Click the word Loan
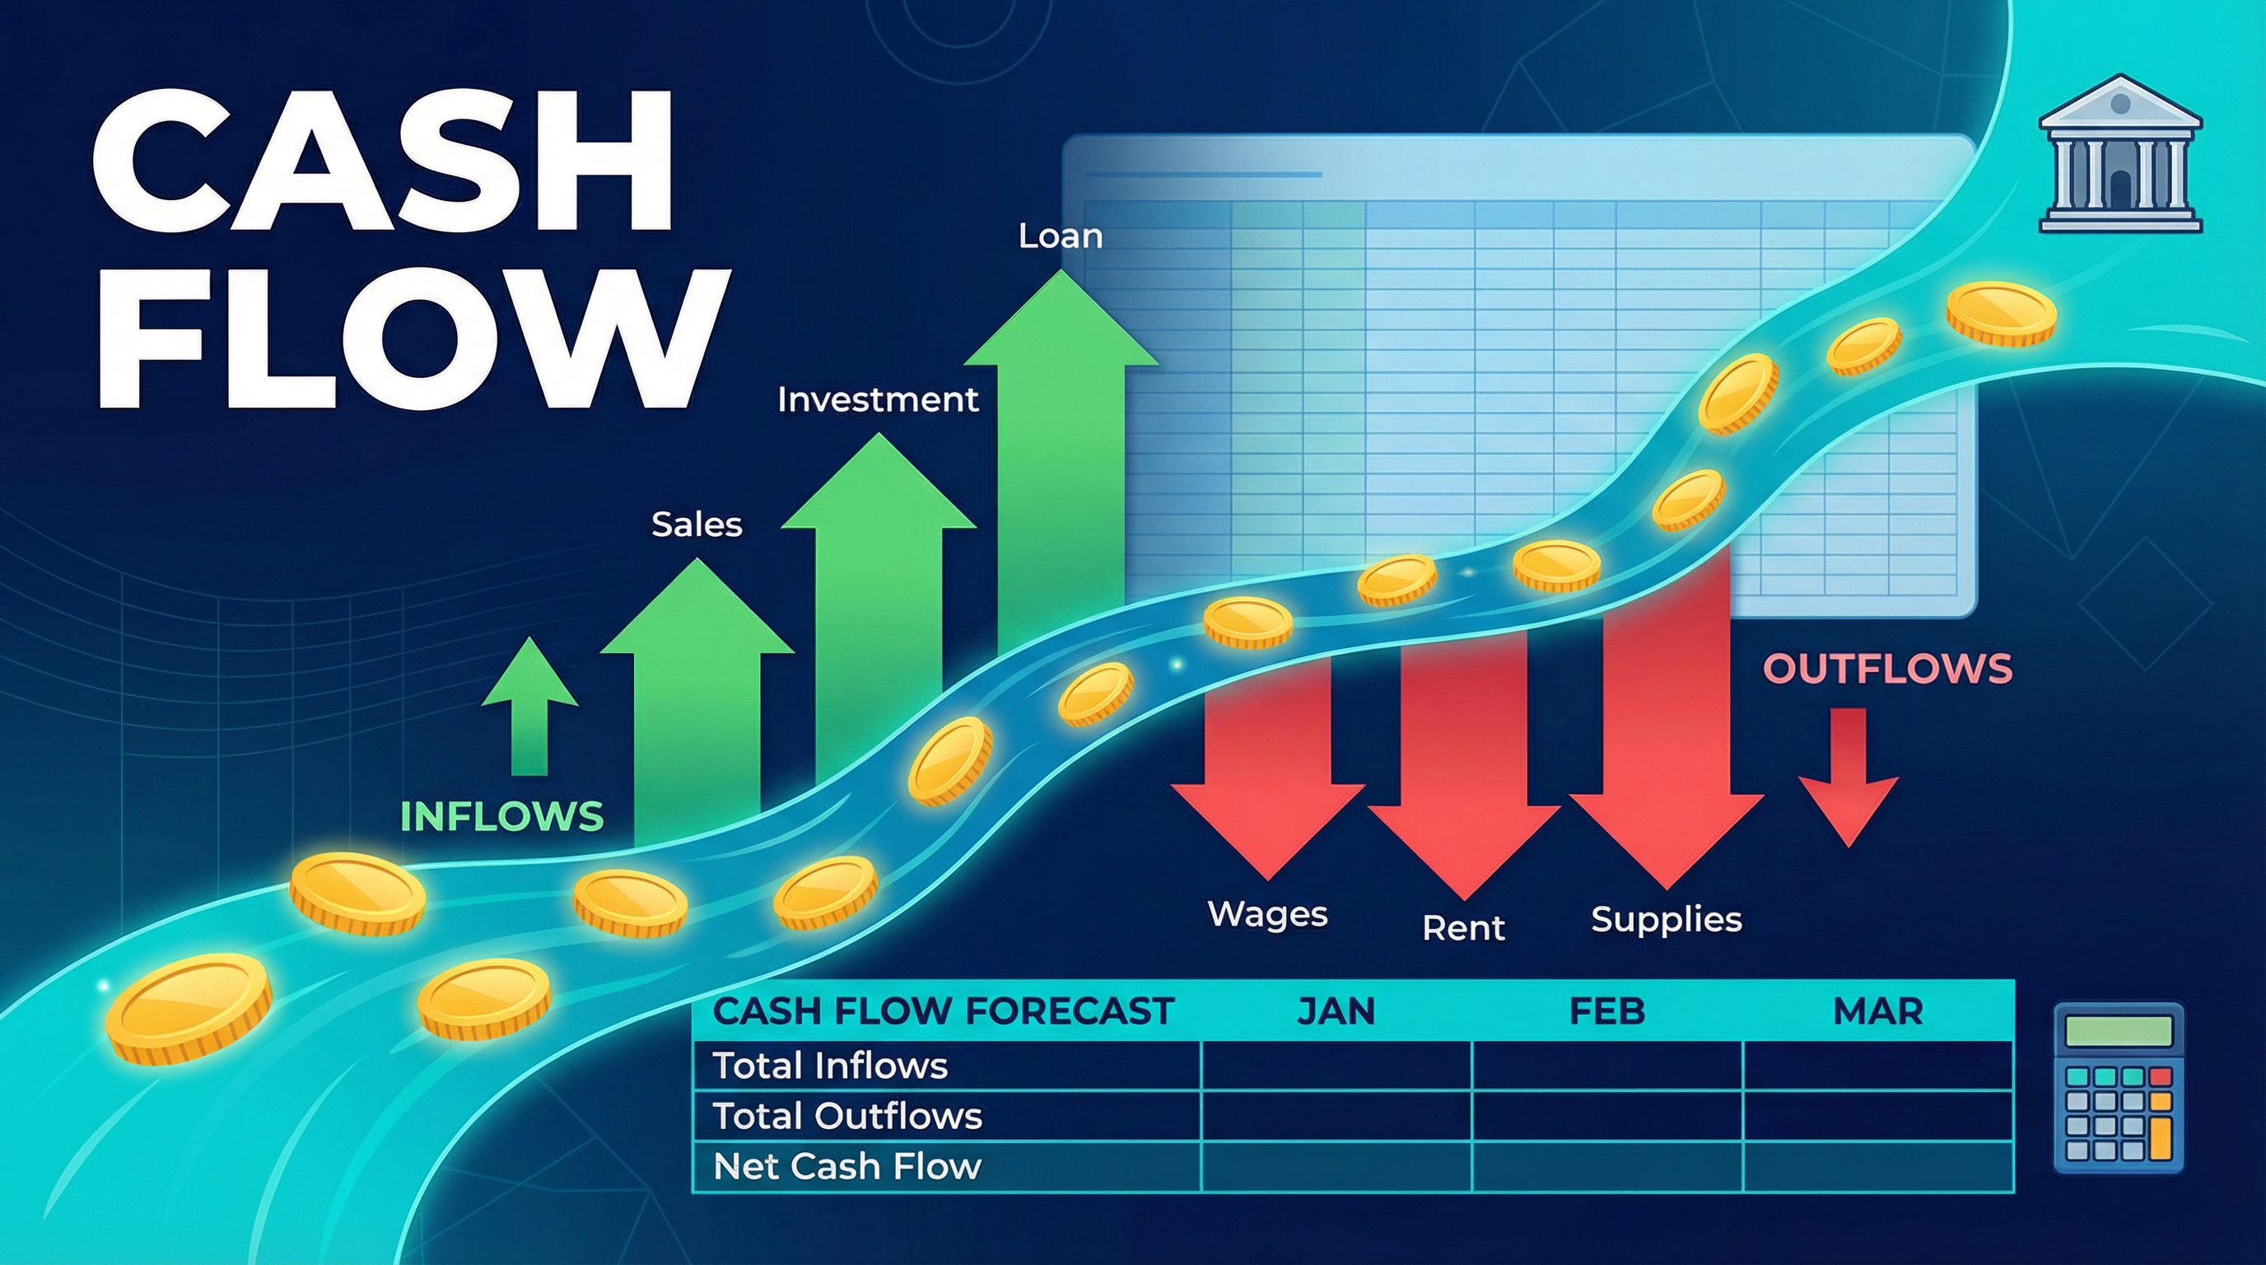pos(1060,236)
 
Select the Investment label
pos(877,400)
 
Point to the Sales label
pos(697,525)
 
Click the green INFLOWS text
pos(501,816)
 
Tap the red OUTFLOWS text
pos(1888,669)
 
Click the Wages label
pos(1267,914)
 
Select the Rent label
pos(1464,928)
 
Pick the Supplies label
pos(1666,919)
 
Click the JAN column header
pos(1336,1011)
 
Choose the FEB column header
pos(1607,1011)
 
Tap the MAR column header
pos(1878,1011)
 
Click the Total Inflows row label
pos(829,1067)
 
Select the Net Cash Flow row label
pos(846,1166)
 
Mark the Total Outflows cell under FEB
pos(1607,1116)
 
